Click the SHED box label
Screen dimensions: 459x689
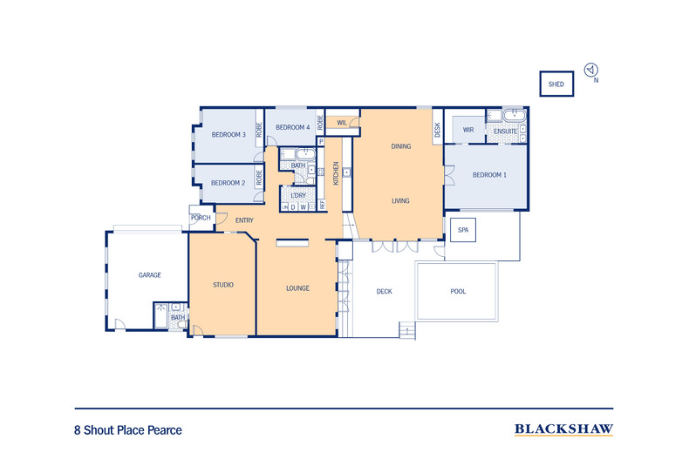tap(556, 84)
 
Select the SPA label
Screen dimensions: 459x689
tap(463, 230)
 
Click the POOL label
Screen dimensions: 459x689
tap(458, 292)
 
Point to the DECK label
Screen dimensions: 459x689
tap(384, 292)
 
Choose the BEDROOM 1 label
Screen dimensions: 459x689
tap(488, 175)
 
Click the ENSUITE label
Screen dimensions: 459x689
tap(506, 132)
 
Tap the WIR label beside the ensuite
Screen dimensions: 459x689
tap(467, 130)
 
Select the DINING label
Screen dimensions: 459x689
tap(400, 147)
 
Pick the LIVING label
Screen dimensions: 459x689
tap(400, 201)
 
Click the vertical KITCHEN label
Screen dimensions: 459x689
tap(336, 172)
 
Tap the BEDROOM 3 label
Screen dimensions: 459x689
tap(229, 134)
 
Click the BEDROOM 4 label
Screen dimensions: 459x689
tap(292, 128)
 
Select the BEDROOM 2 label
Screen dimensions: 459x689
tap(228, 183)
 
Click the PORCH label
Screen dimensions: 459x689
tap(201, 218)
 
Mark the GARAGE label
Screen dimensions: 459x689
tap(149, 275)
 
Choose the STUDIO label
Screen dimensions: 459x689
tap(222, 285)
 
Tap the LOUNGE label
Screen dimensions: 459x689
tap(298, 288)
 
